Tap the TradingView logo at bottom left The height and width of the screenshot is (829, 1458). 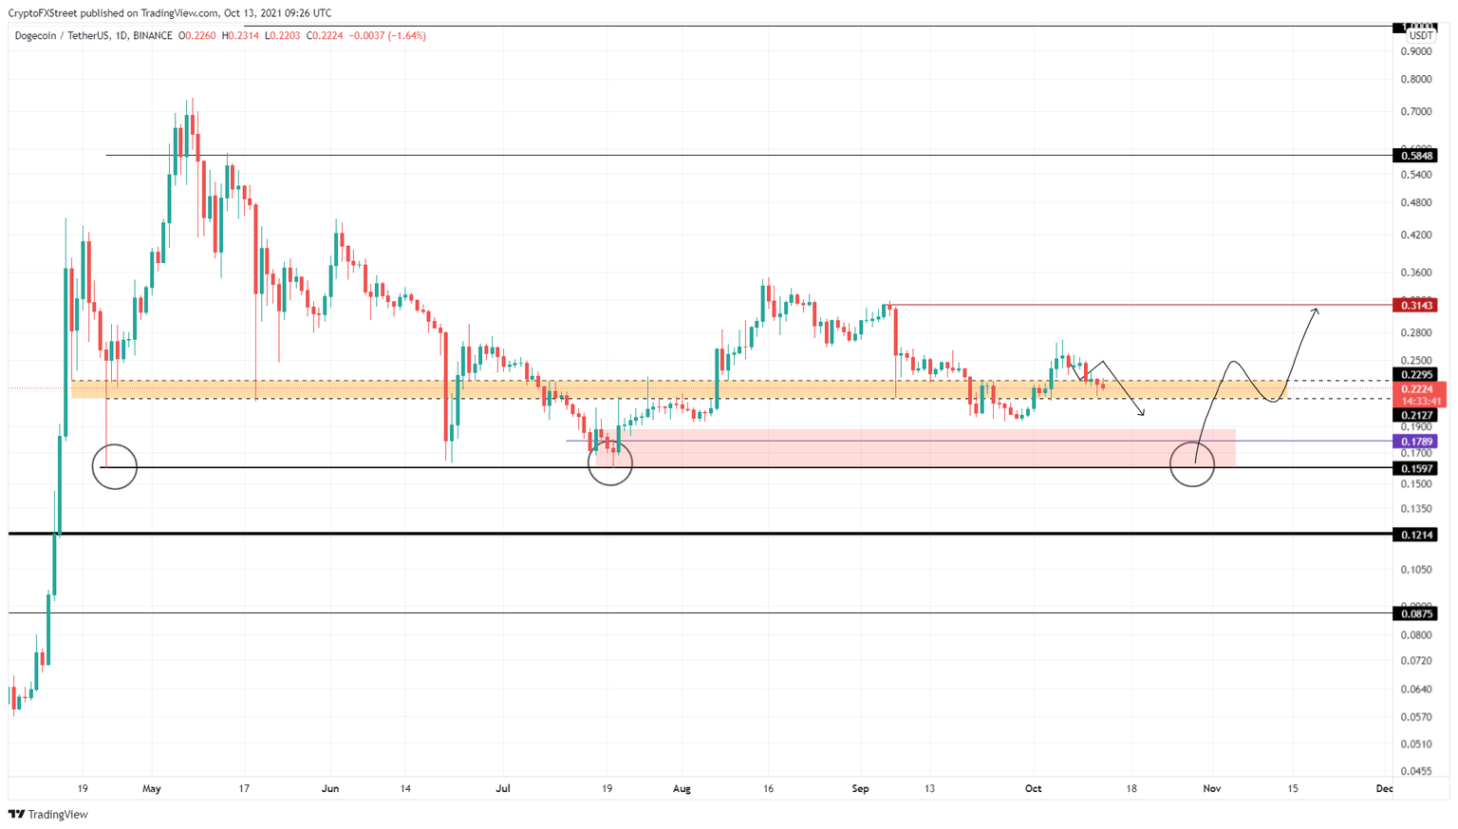pos(48,814)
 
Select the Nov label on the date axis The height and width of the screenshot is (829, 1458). pos(1211,788)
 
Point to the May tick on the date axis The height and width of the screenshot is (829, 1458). pos(152,788)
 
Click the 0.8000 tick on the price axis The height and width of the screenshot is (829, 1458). pos(1415,79)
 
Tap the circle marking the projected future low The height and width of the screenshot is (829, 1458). pos(1192,464)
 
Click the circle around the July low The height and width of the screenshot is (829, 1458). pos(609,462)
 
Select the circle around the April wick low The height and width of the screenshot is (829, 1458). pos(114,466)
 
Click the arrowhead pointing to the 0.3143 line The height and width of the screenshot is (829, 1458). pos(1316,311)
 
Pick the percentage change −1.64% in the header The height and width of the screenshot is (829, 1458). pos(405,36)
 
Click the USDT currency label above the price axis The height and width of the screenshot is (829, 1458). pos(1420,36)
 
